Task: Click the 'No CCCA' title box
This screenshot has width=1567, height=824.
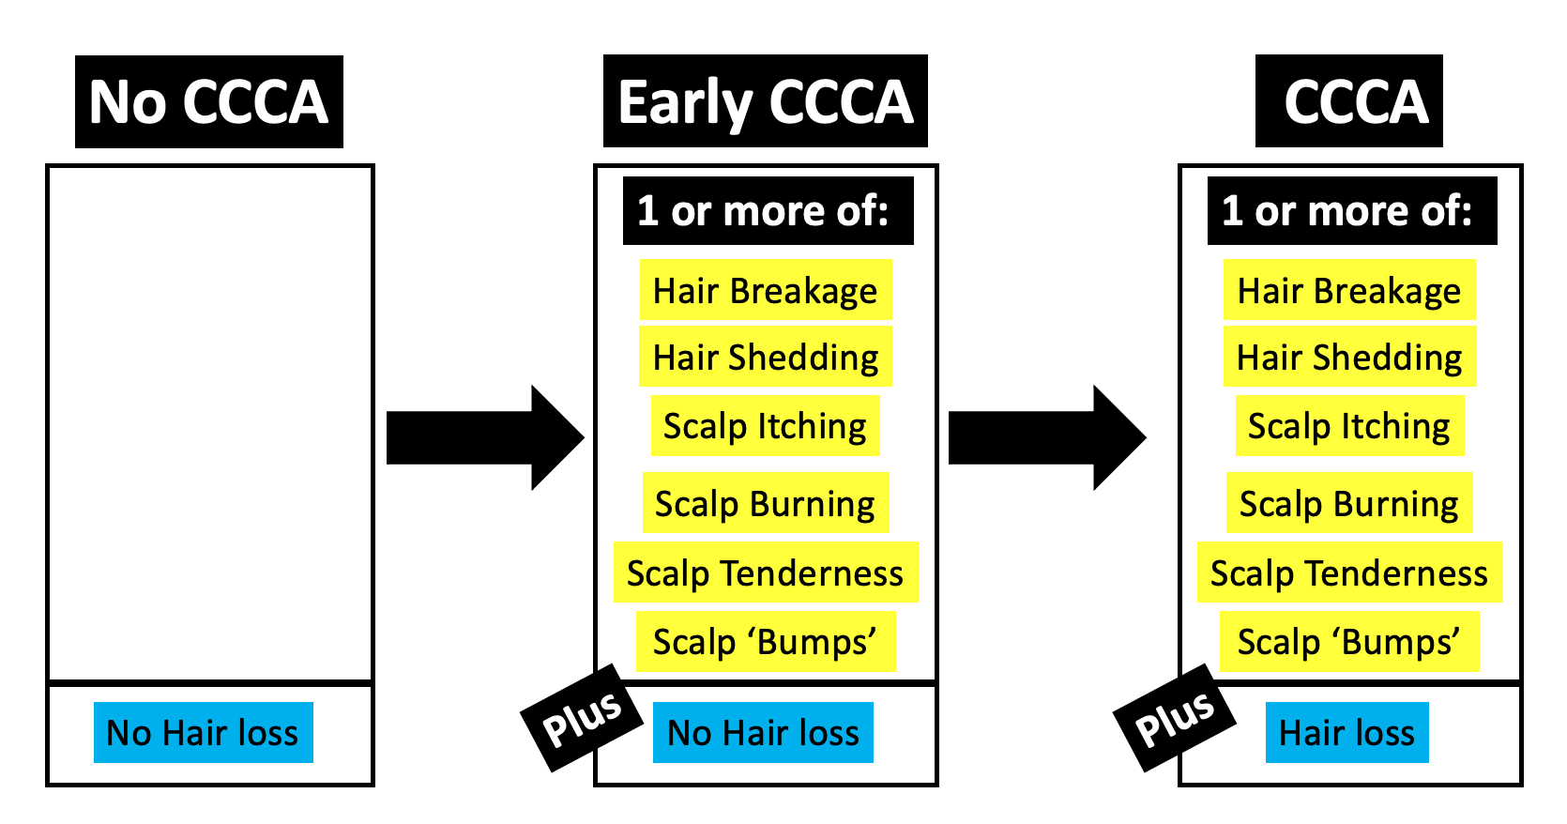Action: coord(208,101)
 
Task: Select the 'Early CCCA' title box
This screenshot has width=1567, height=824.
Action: coord(765,101)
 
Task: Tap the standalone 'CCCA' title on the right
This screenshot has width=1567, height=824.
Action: coord(1348,101)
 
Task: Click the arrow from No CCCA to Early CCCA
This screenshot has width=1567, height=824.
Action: coord(484,437)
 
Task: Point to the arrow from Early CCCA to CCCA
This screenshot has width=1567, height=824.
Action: coord(1046,437)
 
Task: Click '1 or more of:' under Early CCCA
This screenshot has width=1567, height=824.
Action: coord(768,211)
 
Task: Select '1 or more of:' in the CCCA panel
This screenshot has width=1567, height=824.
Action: coord(1351,211)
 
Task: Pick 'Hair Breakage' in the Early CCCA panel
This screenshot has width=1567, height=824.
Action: coord(765,291)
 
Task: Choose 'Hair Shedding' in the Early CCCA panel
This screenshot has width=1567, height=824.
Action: coord(765,358)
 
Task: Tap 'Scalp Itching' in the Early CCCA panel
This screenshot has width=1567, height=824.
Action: coord(765,426)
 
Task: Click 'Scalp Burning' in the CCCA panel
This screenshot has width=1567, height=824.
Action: coord(1348,504)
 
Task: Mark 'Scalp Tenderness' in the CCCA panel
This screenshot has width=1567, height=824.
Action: coord(1348,572)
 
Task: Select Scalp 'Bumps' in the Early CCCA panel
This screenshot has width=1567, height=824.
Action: coord(765,642)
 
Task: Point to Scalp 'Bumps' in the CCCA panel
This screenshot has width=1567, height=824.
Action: coord(1348,642)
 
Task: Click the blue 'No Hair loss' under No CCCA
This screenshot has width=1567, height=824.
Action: coord(203,732)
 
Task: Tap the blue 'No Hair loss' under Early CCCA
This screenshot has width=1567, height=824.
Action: coord(763,732)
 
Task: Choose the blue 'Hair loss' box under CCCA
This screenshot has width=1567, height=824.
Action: coord(1346,732)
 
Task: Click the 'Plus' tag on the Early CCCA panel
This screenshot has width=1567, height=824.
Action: coord(582,718)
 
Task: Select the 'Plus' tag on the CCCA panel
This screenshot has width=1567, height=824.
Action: coord(1174,718)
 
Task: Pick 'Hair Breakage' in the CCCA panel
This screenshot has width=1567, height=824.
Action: coord(1348,291)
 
